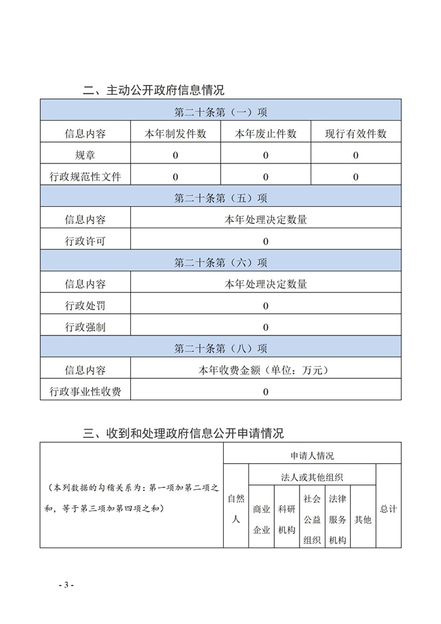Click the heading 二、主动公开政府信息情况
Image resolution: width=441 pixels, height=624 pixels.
(154, 90)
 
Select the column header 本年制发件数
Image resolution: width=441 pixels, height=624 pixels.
(175, 134)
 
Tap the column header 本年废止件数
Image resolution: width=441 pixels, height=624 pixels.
(265, 134)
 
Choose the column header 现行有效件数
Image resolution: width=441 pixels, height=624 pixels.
(355, 134)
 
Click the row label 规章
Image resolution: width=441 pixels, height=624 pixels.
(85, 155)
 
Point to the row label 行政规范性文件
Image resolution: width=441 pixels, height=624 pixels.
(85, 176)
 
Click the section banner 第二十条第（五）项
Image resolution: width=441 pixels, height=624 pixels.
(220, 198)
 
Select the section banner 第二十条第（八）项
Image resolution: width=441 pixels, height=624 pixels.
(220, 348)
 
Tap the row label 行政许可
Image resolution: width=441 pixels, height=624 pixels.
(85, 241)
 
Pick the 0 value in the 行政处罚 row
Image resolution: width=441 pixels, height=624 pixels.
(265, 306)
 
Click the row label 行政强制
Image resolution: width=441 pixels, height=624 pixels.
(85, 327)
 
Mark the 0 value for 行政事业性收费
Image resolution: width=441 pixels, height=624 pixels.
(265, 391)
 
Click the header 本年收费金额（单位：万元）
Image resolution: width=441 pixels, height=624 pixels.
(265, 370)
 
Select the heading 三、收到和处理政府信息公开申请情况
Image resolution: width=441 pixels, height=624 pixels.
(184, 433)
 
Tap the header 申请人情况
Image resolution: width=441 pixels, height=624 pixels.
(312, 455)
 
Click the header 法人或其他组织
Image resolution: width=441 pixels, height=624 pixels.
(312, 477)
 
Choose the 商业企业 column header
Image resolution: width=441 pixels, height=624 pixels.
(261, 520)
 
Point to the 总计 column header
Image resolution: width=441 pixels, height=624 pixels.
(388, 509)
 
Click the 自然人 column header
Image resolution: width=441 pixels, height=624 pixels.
(236, 509)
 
